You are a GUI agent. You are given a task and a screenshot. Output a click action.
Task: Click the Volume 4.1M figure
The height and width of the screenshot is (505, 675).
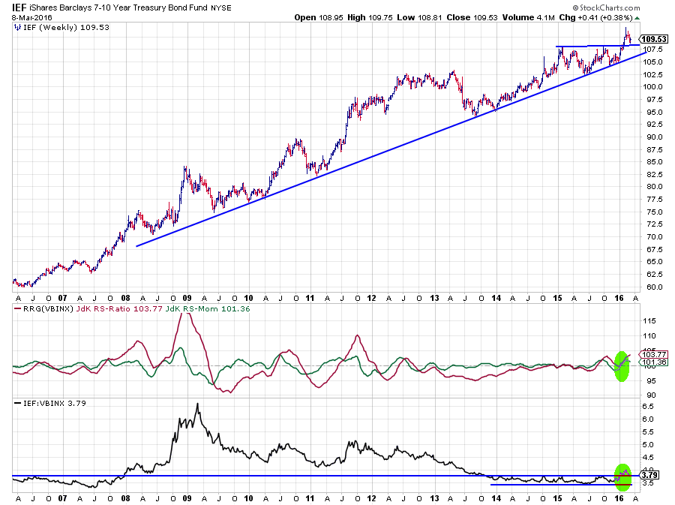tap(529, 17)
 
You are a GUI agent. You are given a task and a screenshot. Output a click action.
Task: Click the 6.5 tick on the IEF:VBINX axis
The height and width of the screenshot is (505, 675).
tap(650, 406)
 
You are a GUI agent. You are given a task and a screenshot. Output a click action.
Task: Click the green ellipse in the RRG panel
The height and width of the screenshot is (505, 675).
tap(620, 365)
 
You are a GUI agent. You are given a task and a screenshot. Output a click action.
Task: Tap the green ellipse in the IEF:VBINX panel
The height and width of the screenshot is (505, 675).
tap(623, 473)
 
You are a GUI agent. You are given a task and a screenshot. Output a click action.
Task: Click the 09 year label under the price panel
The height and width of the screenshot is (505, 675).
tap(185, 297)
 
